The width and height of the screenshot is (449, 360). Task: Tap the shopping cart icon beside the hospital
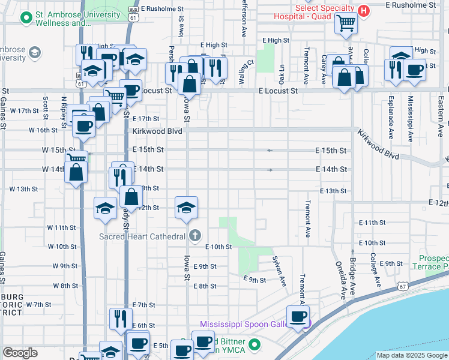click(346, 23)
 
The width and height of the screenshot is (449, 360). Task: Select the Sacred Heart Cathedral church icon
click(193, 235)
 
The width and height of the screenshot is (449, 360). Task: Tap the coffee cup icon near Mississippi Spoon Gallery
click(297, 316)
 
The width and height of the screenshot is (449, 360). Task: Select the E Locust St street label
click(278, 91)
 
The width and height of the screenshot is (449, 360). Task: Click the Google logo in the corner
click(20, 352)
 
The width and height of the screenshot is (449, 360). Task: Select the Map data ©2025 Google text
click(411, 355)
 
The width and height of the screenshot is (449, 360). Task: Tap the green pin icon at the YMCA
click(255, 345)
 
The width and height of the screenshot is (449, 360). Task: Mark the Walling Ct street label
click(243, 71)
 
